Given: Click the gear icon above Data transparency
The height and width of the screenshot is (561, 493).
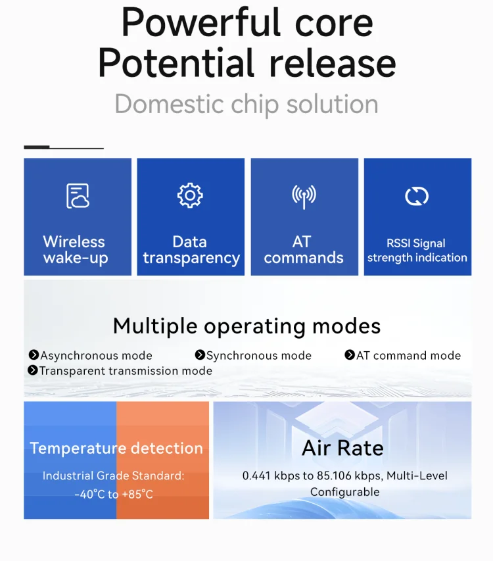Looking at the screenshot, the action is [x=190, y=195].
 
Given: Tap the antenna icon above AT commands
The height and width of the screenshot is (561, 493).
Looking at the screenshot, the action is [x=304, y=197].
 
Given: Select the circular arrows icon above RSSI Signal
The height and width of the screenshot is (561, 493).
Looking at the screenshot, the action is [x=417, y=196].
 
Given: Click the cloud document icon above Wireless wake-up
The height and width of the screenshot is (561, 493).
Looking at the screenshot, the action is [x=78, y=196].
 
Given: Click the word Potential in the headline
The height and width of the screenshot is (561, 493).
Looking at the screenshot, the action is [x=176, y=63].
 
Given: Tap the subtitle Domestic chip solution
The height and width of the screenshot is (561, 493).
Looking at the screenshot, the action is [x=246, y=104].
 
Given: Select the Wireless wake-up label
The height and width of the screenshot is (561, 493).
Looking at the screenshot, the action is [x=75, y=250].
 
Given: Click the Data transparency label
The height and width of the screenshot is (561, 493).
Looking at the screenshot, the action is [x=191, y=250].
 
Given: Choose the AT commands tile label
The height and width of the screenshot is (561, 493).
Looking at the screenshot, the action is [x=304, y=249].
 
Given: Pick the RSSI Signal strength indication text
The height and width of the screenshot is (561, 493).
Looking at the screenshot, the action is [x=417, y=251].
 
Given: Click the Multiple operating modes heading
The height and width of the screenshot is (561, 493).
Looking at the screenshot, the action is [x=246, y=326].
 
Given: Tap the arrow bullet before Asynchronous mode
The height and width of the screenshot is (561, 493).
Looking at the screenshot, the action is [x=34, y=354].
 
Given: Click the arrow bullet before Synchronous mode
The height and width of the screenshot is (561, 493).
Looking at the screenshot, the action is [x=200, y=354].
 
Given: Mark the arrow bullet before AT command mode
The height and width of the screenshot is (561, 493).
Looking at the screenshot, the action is [x=350, y=354].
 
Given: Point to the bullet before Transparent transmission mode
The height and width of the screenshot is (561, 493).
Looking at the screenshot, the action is [x=32, y=370].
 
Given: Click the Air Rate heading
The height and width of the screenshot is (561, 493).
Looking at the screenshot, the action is [x=342, y=448].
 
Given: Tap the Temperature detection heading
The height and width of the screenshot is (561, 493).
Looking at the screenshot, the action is [x=116, y=448].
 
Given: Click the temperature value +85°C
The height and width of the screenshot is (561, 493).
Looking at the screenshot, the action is [x=137, y=495].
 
